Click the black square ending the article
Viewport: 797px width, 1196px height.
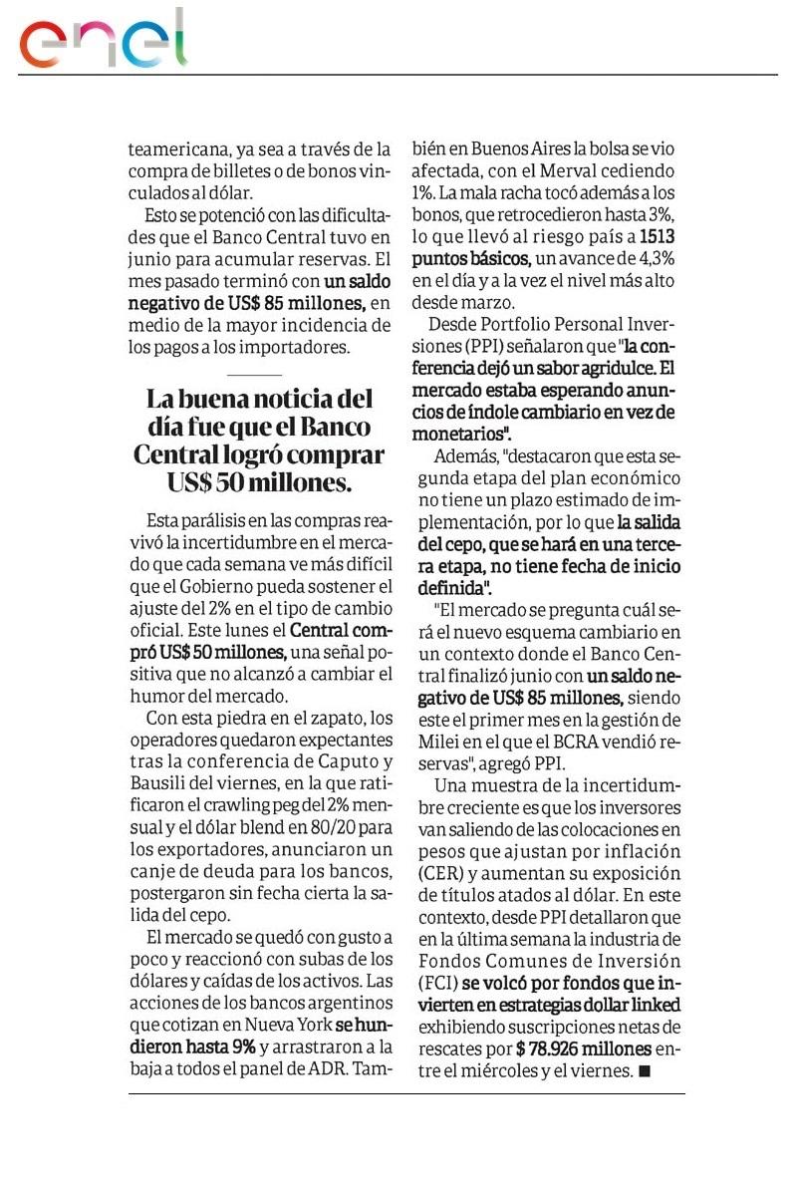644,1071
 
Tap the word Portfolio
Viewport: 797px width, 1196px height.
518,324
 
